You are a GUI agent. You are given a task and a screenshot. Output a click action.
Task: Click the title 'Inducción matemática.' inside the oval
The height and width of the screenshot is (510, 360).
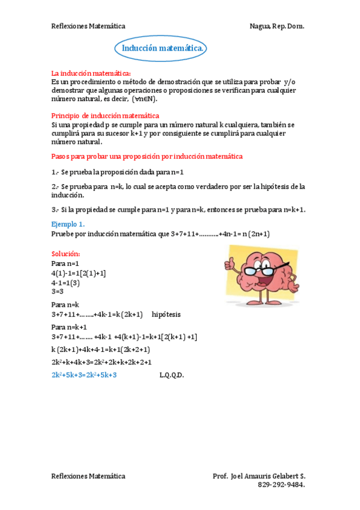point(163,48)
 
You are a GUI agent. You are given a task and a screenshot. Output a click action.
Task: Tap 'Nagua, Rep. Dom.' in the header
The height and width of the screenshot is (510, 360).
point(277,26)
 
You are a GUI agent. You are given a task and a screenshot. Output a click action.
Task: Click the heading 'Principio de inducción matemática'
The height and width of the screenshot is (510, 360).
point(106,115)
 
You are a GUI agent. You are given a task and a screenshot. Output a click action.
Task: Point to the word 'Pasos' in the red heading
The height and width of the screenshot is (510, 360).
point(61,156)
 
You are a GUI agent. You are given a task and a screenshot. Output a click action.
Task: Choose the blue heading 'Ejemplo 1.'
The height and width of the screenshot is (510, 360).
point(68,224)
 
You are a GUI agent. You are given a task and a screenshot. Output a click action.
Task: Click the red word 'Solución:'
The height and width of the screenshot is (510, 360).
point(66,254)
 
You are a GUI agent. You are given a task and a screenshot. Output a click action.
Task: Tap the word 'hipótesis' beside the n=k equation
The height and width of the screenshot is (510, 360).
point(166,315)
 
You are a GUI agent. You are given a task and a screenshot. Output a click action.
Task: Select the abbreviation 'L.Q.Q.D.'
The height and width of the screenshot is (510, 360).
point(172,375)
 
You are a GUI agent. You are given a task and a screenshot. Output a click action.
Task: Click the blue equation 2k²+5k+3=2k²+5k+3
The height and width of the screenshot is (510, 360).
point(84,375)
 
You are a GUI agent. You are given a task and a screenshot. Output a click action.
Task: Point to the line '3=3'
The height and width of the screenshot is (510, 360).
point(58,291)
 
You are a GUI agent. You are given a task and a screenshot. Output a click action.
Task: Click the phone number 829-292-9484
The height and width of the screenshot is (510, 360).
point(281,484)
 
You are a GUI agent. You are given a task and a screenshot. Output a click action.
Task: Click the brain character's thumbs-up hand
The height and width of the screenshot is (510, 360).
point(231,264)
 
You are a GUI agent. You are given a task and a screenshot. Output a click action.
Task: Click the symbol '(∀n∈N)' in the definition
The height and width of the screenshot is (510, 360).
point(145,99)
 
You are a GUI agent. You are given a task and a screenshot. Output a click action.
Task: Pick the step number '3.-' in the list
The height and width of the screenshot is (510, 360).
point(55,209)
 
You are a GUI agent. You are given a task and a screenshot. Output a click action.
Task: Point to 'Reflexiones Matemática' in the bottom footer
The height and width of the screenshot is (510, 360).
point(88,476)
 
